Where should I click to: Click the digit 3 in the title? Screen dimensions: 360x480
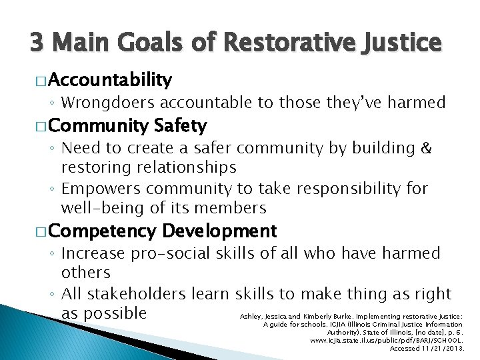click(37, 43)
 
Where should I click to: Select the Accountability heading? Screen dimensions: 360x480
click(110, 81)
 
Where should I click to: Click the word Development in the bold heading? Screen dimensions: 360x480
click(219, 231)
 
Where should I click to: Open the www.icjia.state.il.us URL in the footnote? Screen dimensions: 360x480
click(387, 340)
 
